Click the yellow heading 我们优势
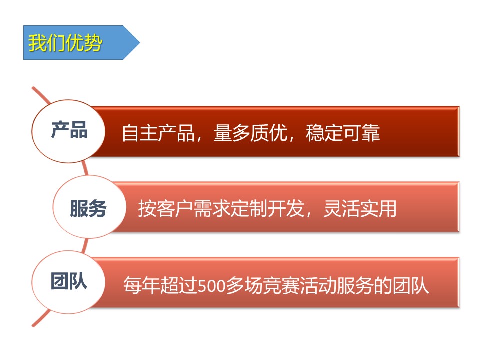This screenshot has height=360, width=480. pyautogui.click(x=65, y=43)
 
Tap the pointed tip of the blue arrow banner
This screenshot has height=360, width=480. pyautogui.click(x=140, y=43)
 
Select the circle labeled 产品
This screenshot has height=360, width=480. pyautogui.click(x=68, y=131)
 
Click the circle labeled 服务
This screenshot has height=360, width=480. pyautogui.click(x=89, y=207)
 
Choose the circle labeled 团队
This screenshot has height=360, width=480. pyautogui.click(x=68, y=282)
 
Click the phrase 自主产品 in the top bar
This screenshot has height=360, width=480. pyautogui.click(x=158, y=133)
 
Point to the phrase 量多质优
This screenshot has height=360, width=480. pyautogui.click(x=250, y=133)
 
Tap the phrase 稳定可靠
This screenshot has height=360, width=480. pyautogui.click(x=343, y=133)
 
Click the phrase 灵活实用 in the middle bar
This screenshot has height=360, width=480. pyautogui.click(x=360, y=209)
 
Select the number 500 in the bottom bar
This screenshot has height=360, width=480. pyautogui.click(x=211, y=286)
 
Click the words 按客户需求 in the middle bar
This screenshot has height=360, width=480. pyautogui.click(x=184, y=209)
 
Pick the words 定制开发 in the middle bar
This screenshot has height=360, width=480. pyautogui.click(x=267, y=209)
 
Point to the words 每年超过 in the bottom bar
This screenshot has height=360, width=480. pyautogui.click(x=160, y=285)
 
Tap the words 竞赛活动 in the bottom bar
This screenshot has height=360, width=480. pyautogui.click(x=300, y=285)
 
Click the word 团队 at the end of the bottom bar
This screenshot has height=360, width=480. pyautogui.click(x=411, y=285)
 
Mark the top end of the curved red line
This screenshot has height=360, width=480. pyautogui.click(x=33, y=88)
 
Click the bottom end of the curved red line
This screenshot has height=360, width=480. pyautogui.click(x=33, y=325)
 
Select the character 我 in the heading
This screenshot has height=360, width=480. pyautogui.click(x=37, y=43)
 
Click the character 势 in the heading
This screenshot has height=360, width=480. pyautogui.click(x=93, y=43)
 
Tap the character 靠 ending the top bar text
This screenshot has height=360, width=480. pyautogui.click(x=371, y=133)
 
